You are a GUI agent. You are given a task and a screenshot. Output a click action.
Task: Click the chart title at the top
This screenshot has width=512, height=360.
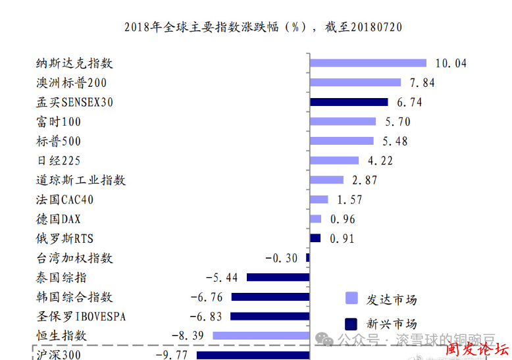(263, 27)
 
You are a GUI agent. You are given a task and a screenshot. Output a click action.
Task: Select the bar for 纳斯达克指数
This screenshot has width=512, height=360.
(369, 63)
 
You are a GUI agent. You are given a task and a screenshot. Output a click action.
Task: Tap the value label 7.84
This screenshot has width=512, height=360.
(422, 83)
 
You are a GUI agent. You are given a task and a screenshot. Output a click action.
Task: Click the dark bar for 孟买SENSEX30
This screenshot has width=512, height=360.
(349, 102)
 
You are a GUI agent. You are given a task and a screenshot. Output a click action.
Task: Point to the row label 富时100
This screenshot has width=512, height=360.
(59, 122)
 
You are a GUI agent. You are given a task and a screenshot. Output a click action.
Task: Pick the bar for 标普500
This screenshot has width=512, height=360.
(342, 141)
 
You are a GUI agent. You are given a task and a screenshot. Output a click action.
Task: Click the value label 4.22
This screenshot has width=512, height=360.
(380, 161)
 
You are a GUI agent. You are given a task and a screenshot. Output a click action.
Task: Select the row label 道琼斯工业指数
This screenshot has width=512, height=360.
(81, 180)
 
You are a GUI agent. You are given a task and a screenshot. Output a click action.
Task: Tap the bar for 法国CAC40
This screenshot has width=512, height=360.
(319, 199)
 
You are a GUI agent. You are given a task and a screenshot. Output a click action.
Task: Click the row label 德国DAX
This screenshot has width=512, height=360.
(59, 219)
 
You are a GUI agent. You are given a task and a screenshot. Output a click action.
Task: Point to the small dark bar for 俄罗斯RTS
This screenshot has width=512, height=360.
(315, 238)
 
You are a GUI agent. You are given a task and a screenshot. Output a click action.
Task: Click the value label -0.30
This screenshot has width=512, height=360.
(281, 258)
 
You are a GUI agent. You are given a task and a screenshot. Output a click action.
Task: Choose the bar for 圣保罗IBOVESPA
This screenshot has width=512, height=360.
(270, 316)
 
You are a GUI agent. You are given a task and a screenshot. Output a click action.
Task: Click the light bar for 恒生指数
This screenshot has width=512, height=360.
(261, 336)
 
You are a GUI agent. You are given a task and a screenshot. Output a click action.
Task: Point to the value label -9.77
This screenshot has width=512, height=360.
(171, 355)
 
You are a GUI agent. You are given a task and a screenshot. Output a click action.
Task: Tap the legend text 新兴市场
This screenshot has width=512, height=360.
(392, 324)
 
